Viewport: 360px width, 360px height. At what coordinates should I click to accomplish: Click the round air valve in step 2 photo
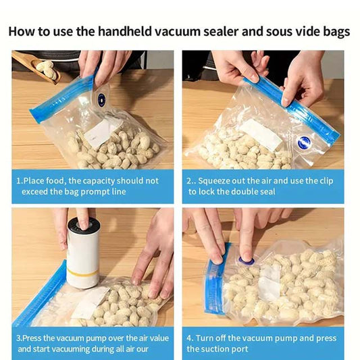point(303,143)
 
